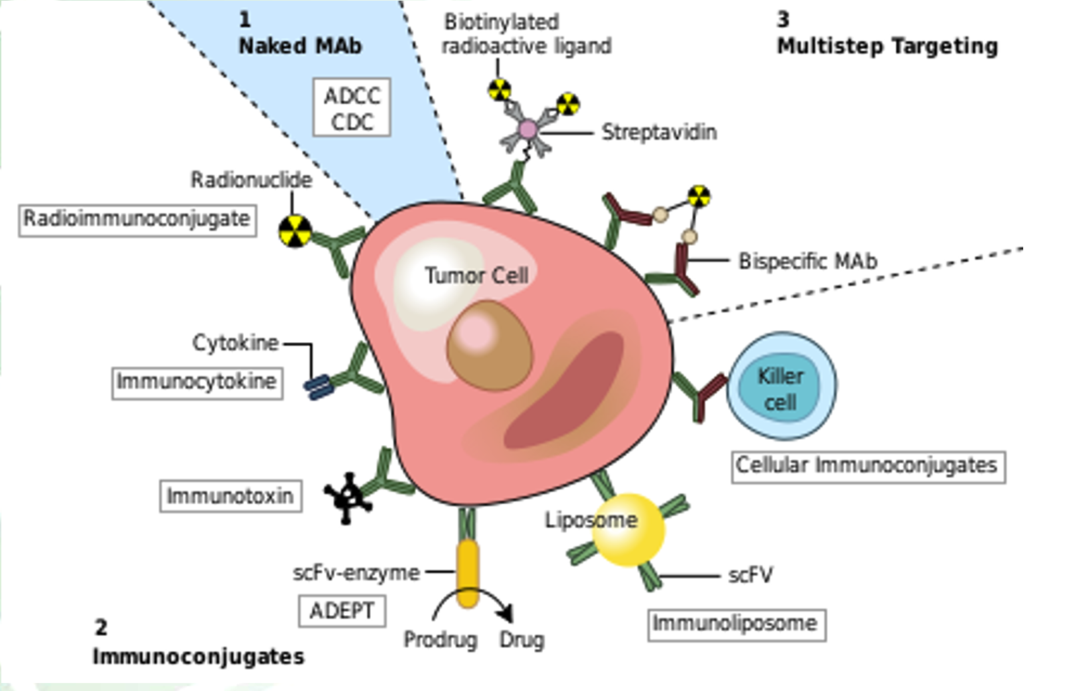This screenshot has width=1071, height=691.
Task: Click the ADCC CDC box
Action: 351,108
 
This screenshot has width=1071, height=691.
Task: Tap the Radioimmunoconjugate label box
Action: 137,220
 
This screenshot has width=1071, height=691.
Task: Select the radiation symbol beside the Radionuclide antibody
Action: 295,231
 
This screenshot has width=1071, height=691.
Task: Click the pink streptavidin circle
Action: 528,129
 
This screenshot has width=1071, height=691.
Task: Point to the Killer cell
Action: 781,387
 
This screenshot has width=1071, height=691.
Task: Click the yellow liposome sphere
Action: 628,530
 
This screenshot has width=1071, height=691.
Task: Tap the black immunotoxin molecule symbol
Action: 347,497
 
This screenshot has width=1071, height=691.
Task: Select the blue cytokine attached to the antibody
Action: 318,387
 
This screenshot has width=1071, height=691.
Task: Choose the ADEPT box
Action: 342,611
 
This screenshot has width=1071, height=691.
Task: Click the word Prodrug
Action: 440,640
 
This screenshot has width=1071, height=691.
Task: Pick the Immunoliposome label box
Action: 736,625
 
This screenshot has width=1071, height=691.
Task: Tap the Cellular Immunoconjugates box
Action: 868,466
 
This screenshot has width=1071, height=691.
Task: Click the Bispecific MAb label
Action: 808,261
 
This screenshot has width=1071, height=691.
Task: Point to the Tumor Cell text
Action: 476,275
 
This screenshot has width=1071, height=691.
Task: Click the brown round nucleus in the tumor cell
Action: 490,345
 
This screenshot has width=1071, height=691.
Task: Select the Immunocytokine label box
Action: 197,383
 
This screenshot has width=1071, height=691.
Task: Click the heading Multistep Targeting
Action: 888,46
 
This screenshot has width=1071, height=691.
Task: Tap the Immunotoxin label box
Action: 231,496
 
